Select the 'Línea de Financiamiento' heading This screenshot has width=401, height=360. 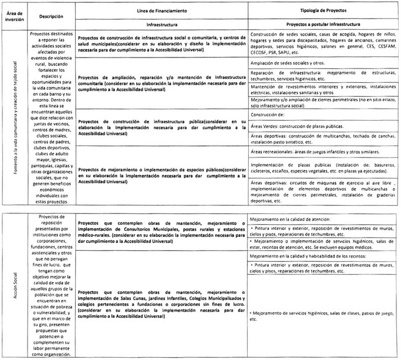(x=161, y=11)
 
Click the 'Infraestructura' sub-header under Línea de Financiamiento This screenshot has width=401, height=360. (x=161, y=25)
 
